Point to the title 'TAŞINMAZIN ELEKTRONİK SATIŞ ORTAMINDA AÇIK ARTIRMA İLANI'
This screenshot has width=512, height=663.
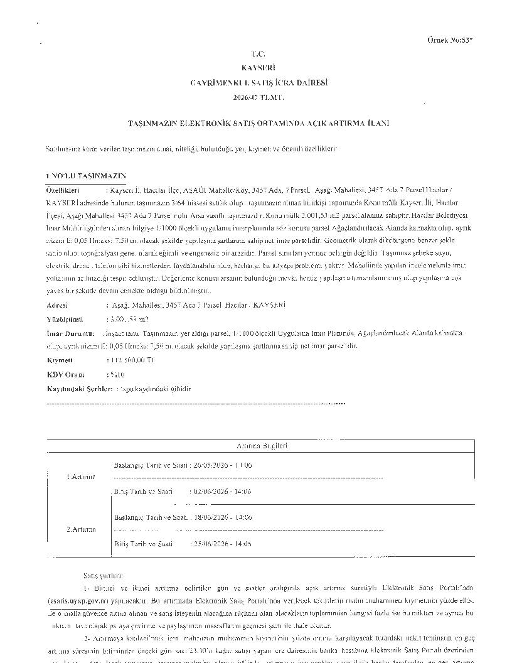click(259, 123)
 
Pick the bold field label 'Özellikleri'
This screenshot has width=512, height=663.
click(63, 189)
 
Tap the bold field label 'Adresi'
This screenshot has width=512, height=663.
click(58, 305)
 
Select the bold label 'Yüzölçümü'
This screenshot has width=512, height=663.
click(65, 319)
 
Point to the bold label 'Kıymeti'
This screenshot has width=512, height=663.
click(60, 360)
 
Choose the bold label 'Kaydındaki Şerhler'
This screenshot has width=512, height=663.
click(80, 389)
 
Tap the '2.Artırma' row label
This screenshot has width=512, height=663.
click(81, 529)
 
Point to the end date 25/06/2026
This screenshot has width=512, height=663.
click(210, 544)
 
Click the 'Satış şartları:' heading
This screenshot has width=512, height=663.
click(103, 574)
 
